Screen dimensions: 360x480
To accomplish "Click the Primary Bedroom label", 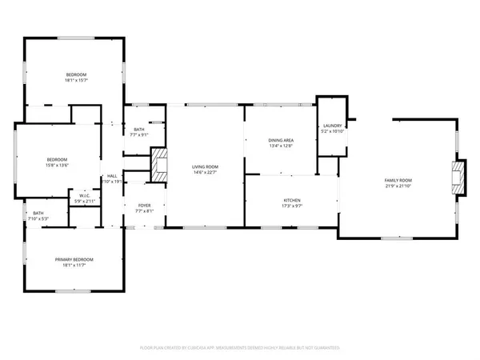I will (74, 260).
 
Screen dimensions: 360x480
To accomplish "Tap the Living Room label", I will (205, 167).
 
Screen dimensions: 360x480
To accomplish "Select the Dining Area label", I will (281, 140).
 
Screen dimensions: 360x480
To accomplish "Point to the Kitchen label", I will (292, 200).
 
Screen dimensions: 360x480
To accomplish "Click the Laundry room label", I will (333, 126).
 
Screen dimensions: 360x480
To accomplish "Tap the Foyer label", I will (144, 206).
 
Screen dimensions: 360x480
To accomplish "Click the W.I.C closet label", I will (83, 195).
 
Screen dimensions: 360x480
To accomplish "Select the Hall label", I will (113, 177).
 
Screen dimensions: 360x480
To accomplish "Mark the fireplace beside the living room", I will (160, 166).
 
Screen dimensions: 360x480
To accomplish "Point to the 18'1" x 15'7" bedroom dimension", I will (76, 80).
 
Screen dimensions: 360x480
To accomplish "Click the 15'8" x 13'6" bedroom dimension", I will (57, 165).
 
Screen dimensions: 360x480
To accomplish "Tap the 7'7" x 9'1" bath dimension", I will (139, 134).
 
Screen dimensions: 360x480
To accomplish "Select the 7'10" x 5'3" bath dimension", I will (38, 218).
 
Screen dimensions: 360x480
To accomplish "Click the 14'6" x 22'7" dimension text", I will (205, 173).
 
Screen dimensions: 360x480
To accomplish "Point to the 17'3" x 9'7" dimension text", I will (292, 206).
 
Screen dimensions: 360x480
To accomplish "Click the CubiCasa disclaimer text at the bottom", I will (240, 348).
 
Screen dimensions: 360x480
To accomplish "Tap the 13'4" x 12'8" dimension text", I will (281, 146).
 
